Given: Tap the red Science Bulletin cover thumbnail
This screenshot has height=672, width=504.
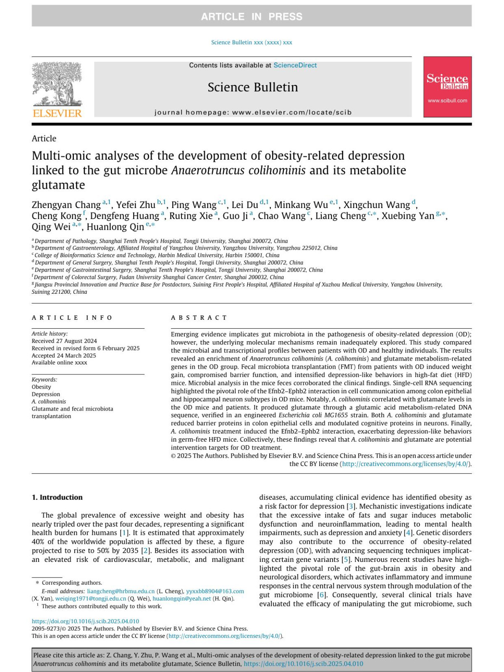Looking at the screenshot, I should click(x=447, y=87).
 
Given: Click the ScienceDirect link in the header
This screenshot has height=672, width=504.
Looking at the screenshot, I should click(x=295, y=65).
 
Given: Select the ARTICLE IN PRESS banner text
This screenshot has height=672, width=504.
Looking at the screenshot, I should click(x=252, y=16).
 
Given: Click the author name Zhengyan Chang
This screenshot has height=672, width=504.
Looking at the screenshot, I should click(x=66, y=205).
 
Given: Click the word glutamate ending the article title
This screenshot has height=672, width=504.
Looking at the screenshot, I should click(x=58, y=185).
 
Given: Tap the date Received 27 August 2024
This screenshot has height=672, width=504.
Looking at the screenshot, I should click(x=64, y=341).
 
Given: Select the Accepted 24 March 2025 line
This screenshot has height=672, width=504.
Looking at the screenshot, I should click(x=64, y=356).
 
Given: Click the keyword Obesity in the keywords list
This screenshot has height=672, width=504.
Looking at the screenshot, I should click(x=41, y=387).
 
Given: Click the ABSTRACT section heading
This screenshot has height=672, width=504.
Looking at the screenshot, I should click(x=199, y=318).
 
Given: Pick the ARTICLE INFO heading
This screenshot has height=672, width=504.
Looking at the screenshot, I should click(x=72, y=318).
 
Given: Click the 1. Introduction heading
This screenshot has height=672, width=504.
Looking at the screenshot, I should click(x=57, y=497).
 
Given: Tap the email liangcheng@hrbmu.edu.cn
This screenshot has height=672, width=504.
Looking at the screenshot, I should click(x=121, y=591).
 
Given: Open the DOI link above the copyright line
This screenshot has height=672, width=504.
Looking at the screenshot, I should click(x=85, y=621).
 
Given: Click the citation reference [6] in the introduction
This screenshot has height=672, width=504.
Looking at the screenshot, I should click(x=322, y=595).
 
